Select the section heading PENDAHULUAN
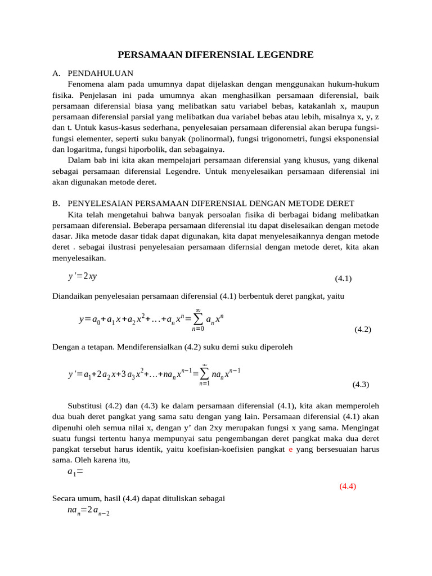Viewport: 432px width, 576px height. (100, 73)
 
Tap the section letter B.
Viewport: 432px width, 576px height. (55, 203)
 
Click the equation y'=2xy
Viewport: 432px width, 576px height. (82, 276)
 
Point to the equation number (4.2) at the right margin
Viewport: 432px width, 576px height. (363, 330)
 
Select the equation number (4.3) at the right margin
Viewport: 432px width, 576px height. (361, 385)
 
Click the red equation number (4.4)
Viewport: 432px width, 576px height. (348, 487)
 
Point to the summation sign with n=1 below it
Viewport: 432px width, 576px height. (204, 373)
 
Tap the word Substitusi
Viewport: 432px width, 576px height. (85, 406)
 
